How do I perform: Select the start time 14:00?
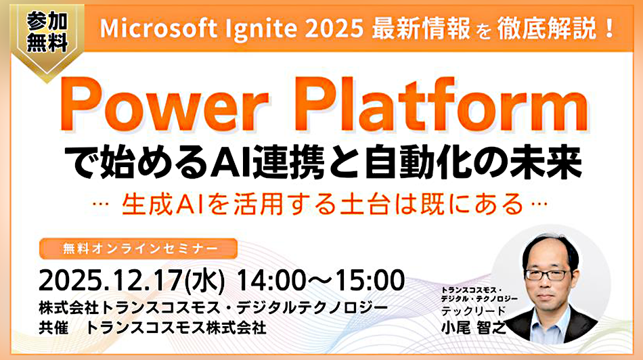pyautogui.click(x=269, y=279)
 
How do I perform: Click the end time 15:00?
pyautogui.click(x=367, y=279)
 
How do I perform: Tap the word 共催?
pyautogui.click(x=56, y=328)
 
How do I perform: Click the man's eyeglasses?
pyautogui.click(x=546, y=275)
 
